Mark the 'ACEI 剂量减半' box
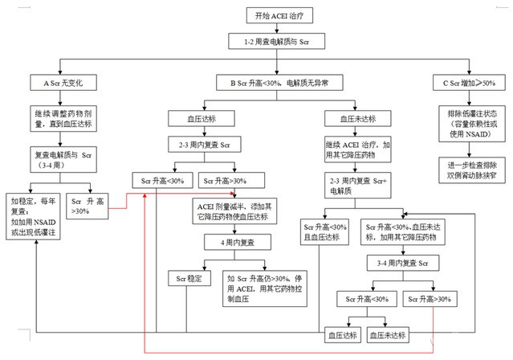238,211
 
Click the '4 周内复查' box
238,242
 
